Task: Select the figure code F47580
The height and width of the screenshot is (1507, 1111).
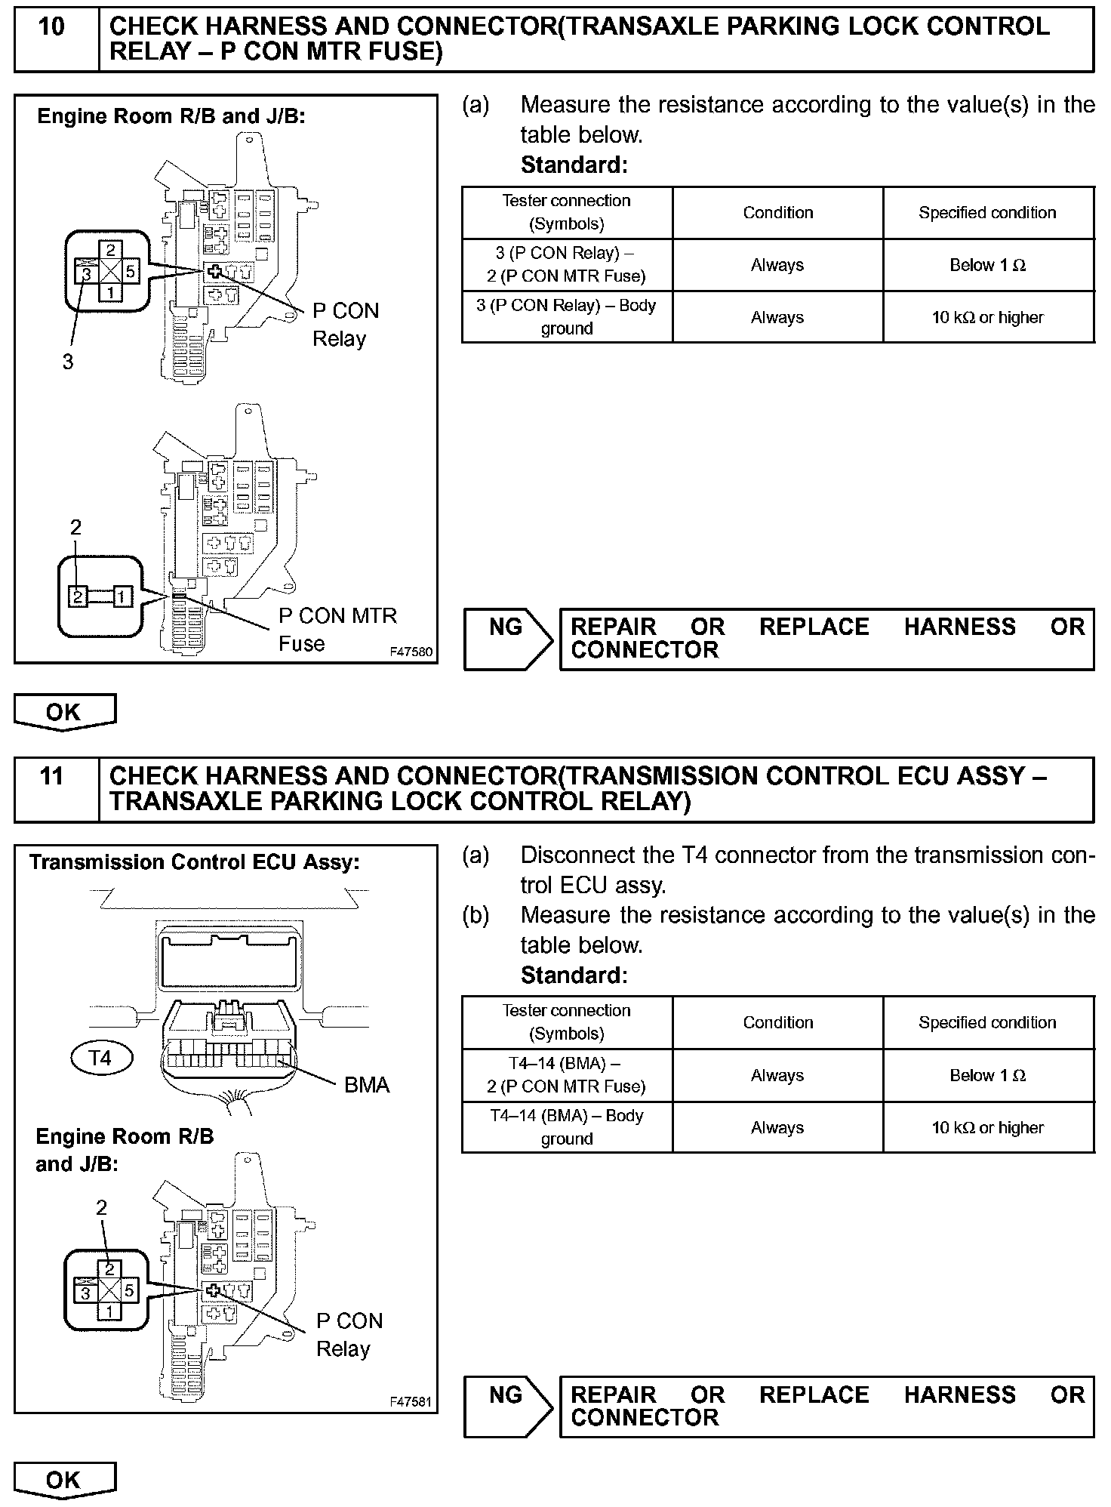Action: [x=411, y=651]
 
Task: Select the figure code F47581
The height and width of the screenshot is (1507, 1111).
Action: [x=411, y=1401]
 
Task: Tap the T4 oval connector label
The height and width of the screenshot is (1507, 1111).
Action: [x=100, y=1057]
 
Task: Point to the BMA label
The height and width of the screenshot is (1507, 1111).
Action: [x=367, y=1085]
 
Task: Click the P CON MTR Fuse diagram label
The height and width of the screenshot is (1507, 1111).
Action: [x=337, y=629]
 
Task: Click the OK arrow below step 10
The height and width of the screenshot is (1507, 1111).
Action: [x=64, y=712]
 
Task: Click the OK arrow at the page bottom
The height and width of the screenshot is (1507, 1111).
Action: [x=64, y=1480]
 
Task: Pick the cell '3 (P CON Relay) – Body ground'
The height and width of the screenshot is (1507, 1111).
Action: [x=566, y=317]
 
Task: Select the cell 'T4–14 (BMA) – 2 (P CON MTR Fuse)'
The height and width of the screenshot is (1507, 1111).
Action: [x=566, y=1074]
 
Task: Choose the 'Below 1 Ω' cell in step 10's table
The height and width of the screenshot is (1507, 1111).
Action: [x=987, y=265]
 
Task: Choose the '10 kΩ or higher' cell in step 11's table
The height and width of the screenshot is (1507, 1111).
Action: [x=987, y=1127]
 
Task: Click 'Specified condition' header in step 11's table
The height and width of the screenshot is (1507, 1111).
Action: [x=987, y=1022]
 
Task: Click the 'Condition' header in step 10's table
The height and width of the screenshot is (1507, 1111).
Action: [x=777, y=213]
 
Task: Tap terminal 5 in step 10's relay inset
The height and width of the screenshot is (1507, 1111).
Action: [x=131, y=270]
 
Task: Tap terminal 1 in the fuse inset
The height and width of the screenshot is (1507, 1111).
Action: [x=123, y=596]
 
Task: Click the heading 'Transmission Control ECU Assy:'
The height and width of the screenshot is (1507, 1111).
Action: [x=195, y=862]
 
